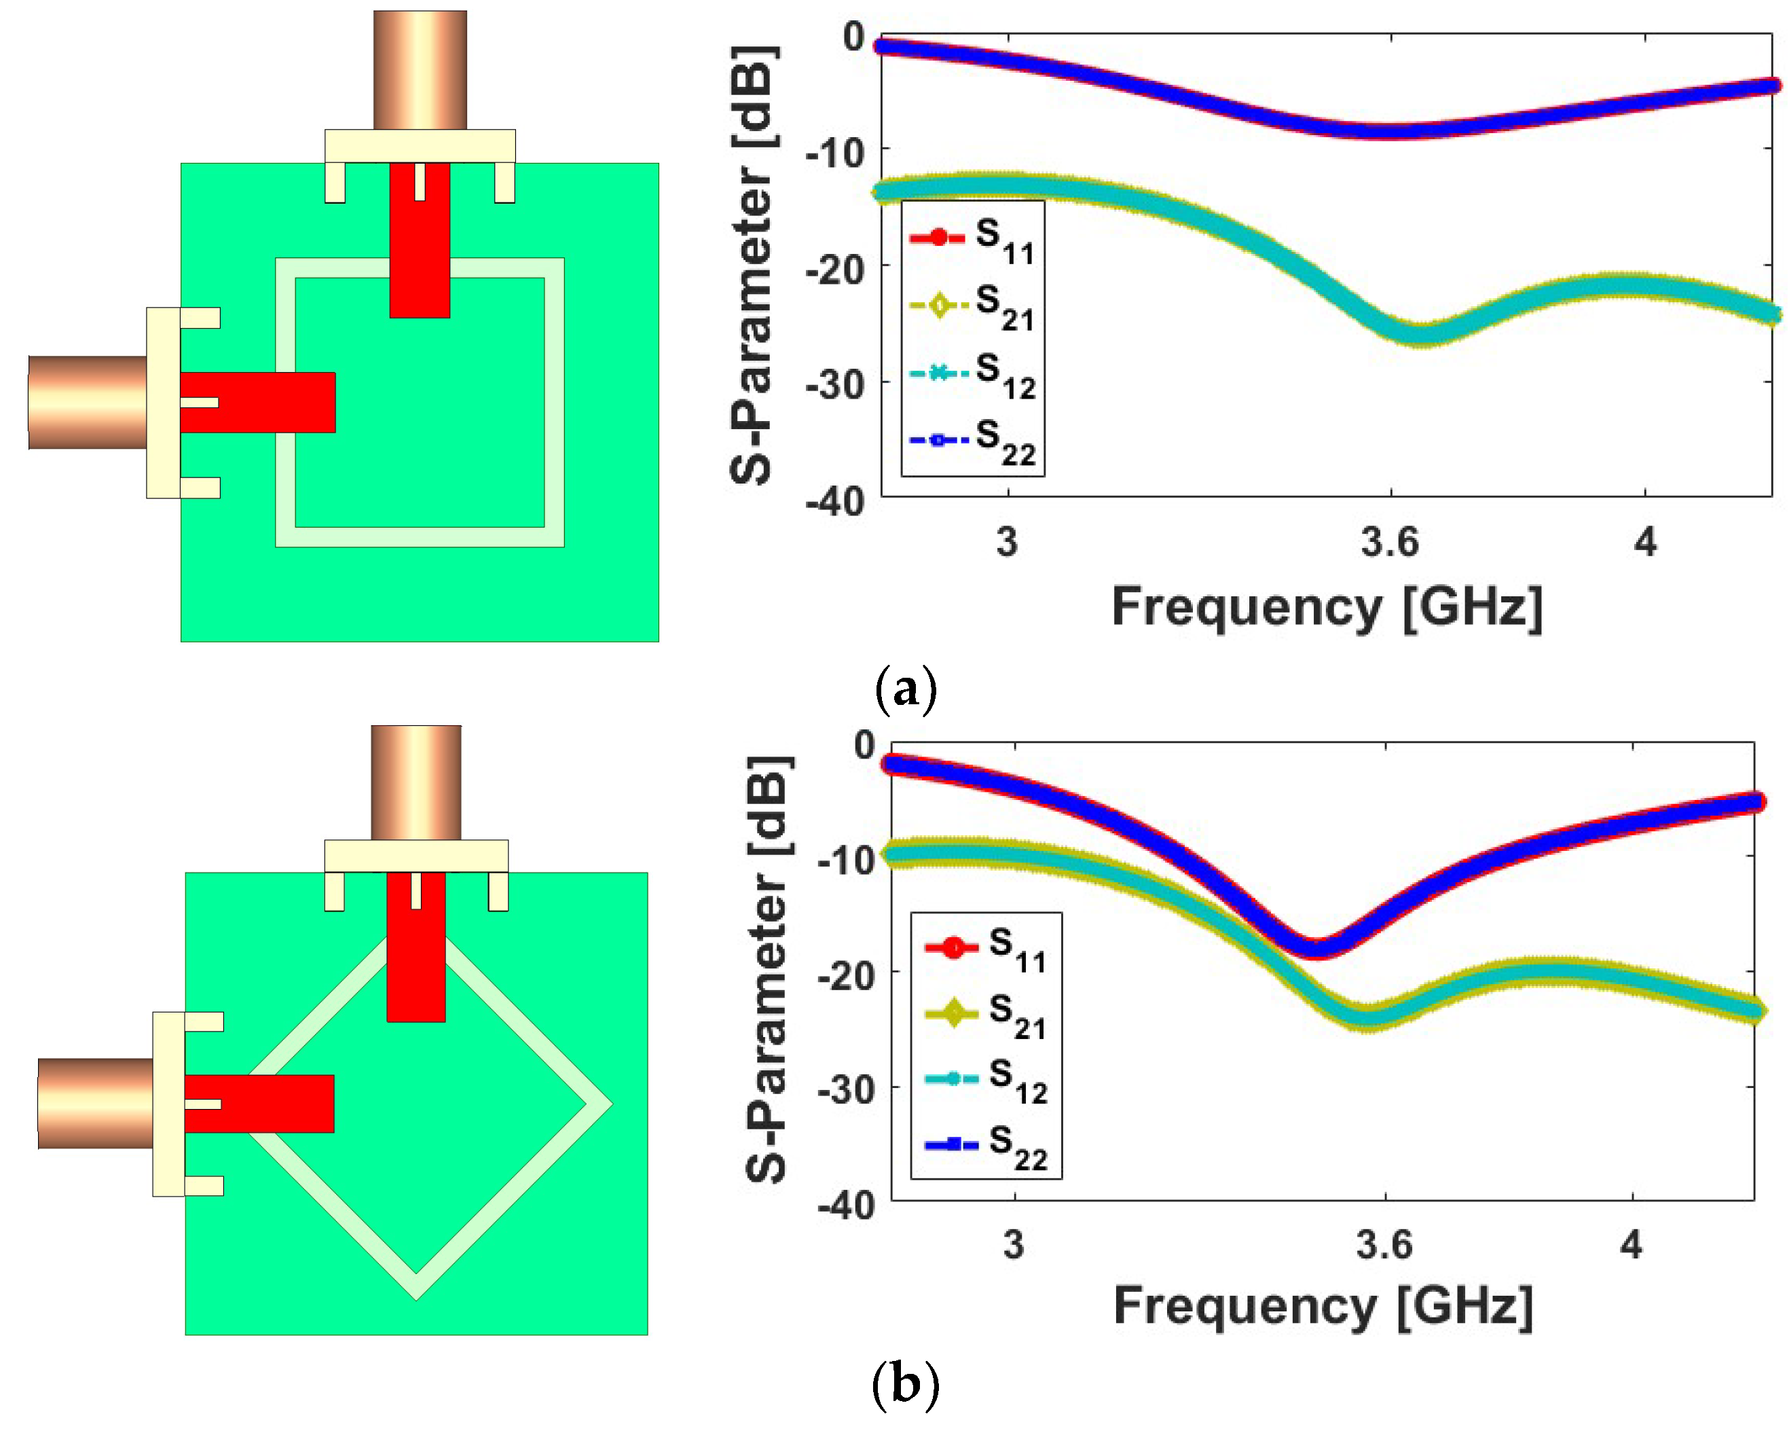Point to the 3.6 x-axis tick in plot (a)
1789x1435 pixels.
(1390, 542)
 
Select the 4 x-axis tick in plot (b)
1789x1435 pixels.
(1631, 1245)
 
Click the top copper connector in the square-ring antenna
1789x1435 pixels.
(420, 71)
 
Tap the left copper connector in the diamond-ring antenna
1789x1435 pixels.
(96, 1103)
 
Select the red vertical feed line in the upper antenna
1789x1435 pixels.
(420, 240)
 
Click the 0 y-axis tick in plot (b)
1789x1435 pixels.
(865, 744)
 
